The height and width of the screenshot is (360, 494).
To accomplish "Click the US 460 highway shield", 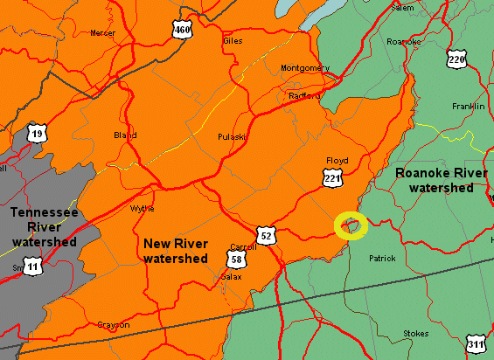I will (182, 31).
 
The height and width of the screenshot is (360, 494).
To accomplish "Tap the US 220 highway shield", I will (456, 59).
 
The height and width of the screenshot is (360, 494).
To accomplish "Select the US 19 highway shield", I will (36, 134).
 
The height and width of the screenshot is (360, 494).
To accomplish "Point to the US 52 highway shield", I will (268, 235).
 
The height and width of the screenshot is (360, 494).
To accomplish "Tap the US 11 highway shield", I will (32, 265).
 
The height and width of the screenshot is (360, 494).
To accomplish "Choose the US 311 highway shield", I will (475, 344).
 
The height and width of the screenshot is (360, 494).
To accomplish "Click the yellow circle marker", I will (351, 225).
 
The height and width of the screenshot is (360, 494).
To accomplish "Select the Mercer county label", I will (102, 33).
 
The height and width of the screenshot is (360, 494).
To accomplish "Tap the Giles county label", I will (233, 40).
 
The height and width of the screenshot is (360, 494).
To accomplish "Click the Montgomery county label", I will (305, 68).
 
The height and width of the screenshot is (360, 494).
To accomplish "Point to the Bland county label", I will (125, 135).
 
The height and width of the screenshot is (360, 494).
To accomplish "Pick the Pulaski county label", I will (231, 137).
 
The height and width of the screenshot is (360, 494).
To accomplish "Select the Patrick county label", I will (382, 259).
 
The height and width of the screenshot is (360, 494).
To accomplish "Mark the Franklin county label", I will (469, 106).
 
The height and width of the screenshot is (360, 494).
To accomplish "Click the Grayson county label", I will (114, 325).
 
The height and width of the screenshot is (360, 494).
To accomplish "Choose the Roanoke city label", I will (404, 41).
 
